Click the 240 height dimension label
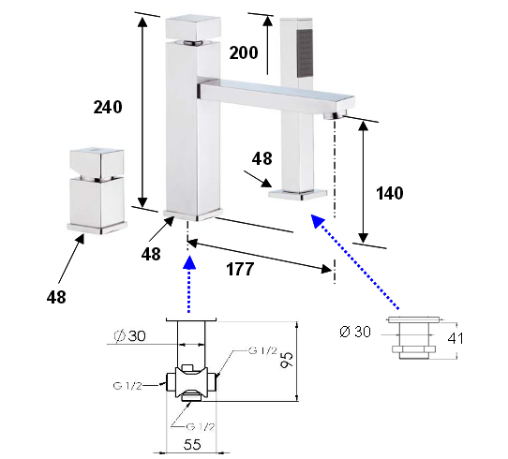pyautogui.click(x=108, y=107)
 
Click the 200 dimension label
pyautogui.click(x=244, y=52)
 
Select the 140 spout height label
pyautogui.click(x=389, y=193)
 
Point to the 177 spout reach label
pyautogui.click(x=240, y=269)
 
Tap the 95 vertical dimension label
pyautogui.click(x=287, y=360)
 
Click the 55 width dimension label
pyautogui.click(x=192, y=444)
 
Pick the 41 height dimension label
pyautogui.click(x=456, y=338)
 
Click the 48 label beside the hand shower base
pyautogui.click(x=262, y=158)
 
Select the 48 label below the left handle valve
pyautogui.click(x=56, y=297)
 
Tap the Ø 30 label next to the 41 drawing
pyautogui.click(x=355, y=332)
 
